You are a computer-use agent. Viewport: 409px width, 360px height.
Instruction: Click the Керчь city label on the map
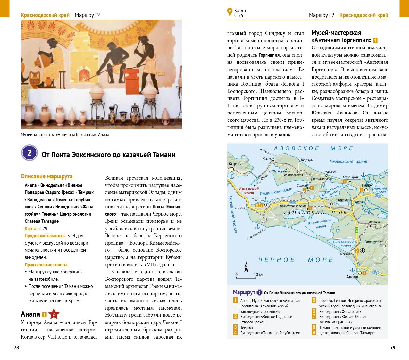[234, 164]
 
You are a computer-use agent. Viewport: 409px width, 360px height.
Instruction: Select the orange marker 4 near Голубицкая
[345, 182]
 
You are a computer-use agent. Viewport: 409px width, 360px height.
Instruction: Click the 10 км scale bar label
[258, 275]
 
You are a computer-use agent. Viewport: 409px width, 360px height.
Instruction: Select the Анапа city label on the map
[352, 277]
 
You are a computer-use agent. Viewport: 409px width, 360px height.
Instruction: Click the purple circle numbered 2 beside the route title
[29, 153]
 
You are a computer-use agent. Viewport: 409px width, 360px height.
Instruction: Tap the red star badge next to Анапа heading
[54, 314]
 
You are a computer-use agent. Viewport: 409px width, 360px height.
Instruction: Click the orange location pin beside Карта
[230, 13]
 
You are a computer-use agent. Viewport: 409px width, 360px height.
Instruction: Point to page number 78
[16, 347]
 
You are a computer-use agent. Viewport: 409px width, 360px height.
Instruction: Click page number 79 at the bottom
[392, 347]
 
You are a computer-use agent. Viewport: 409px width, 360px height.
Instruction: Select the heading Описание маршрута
[47, 176]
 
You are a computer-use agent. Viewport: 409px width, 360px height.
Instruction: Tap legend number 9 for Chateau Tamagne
[314, 333]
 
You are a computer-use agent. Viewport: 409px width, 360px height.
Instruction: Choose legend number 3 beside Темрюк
[235, 328]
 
